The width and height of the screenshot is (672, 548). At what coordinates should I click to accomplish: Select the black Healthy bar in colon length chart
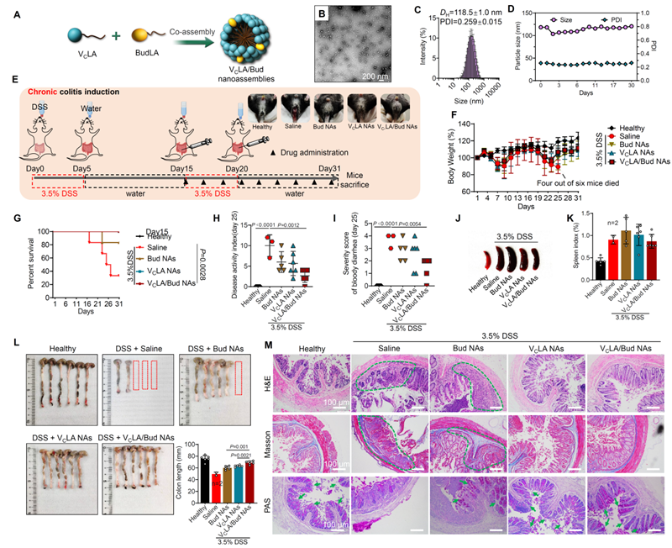coord(205,475)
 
